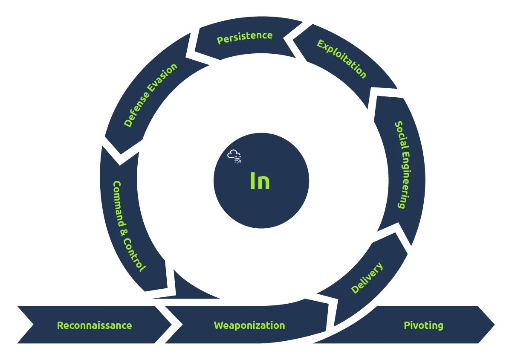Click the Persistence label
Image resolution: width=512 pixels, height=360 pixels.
tap(245, 37)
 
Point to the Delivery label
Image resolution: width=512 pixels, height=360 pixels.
tap(367, 277)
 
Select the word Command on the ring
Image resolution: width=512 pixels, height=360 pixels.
tap(119, 204)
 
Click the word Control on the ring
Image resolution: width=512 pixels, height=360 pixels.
tap(134, 255)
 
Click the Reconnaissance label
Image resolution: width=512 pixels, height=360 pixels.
tap(94, 325)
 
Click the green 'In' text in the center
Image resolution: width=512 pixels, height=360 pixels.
tap(260, 181)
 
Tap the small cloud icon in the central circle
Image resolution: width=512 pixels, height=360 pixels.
tap(234, 156)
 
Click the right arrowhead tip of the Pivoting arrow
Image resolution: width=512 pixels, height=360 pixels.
tap(495, 325)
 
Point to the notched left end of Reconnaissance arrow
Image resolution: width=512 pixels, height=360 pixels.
tap(33, 325)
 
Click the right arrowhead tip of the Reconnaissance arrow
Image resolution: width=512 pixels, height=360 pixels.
tap(171, 325)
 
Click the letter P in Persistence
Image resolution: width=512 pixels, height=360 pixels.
tap(220, 40)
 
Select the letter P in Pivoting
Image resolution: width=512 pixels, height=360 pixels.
tap(407, 325)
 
